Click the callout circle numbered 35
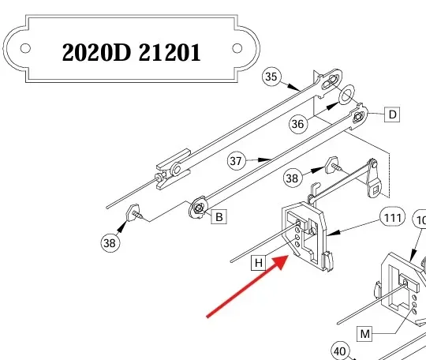(271, 77)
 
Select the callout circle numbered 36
(297, 124)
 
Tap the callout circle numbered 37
(236, 161)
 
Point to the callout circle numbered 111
(393, 218)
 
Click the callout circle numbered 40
(339, 351)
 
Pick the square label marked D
(392, 114)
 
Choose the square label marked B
(219, 216)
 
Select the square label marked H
(259, 263)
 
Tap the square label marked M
(364, 334)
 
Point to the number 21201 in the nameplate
(170, 52)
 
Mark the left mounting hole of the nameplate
(25, 48)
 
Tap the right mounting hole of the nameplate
(237, 48)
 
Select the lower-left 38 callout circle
(110, 243)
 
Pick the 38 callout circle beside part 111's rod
(293, 178)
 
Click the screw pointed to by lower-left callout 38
(134, 213)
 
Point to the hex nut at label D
(358, 117)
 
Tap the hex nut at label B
(199, 208)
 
